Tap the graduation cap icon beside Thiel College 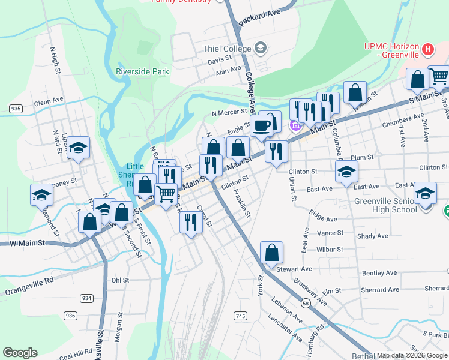261,47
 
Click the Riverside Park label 142,71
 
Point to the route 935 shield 16,108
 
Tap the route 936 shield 71,316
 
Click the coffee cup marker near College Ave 262,125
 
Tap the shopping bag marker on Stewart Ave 271,252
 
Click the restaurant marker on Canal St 191,222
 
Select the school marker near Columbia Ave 346,172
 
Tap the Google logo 20,353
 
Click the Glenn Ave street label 49,102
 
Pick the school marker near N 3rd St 78,148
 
